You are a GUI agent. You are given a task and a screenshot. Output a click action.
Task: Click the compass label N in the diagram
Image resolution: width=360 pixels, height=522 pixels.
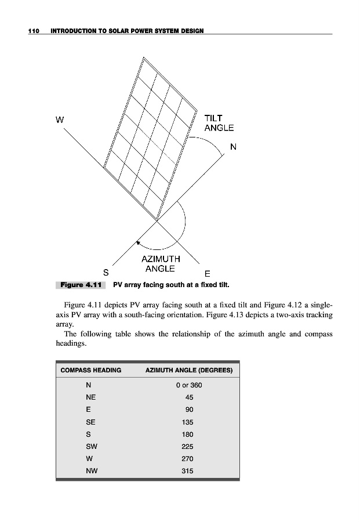tap(233, 147)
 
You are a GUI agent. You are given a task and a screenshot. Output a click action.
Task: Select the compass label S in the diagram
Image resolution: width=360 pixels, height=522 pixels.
tap(106, 271)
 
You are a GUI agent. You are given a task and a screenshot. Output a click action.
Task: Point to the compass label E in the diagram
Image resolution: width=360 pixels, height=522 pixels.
tap(207, 274)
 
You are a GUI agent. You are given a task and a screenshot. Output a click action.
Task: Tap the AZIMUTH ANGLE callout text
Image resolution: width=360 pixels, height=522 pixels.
tap(161, 264)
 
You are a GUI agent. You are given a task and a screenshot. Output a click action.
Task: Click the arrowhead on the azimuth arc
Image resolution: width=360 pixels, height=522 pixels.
tap(138, 242)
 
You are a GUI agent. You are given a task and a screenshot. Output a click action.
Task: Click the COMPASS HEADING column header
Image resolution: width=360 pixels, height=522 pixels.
tap(91, 370)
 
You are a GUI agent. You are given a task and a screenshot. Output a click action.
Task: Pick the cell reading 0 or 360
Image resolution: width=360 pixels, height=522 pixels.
tap(189, 385)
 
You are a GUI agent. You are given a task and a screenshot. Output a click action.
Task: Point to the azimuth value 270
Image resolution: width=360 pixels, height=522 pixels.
tap(186, 459)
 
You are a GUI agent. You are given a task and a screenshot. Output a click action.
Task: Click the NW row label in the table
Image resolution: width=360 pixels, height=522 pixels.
tap(91, 471)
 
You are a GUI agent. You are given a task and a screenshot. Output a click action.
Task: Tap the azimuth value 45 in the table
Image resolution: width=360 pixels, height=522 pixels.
tap(189, 397)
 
